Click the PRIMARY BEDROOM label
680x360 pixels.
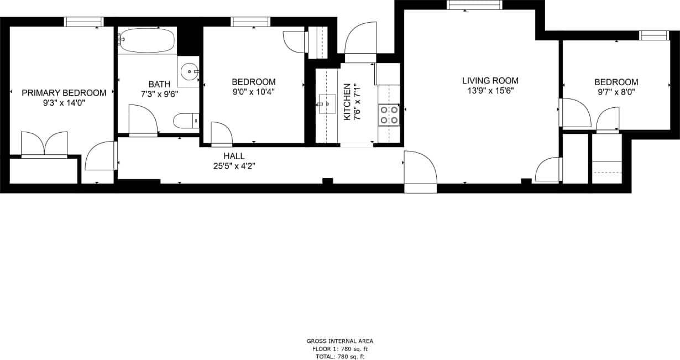(64, 92)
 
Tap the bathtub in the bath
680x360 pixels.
(147, 40)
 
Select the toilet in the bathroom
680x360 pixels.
(186, 120)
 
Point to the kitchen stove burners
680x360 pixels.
(389, 115)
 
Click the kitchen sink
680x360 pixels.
(327, 103)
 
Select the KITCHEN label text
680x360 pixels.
(347, 102)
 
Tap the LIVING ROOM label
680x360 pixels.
(490, 81)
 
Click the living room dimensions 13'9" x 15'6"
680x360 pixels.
(490, 91)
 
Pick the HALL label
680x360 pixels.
(234, 156)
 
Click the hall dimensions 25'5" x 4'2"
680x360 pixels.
(234, 165)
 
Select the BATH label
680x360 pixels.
(159, 84)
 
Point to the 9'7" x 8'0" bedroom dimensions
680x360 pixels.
(616, 92)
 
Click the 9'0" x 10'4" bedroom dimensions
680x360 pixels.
(253, 92)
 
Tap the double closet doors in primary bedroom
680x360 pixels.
(44, 144)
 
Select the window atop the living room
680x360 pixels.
(474, 5)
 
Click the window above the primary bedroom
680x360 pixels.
(83, 22)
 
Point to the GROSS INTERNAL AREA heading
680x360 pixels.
(340, 341)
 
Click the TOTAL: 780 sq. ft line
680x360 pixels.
(340, 357)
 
